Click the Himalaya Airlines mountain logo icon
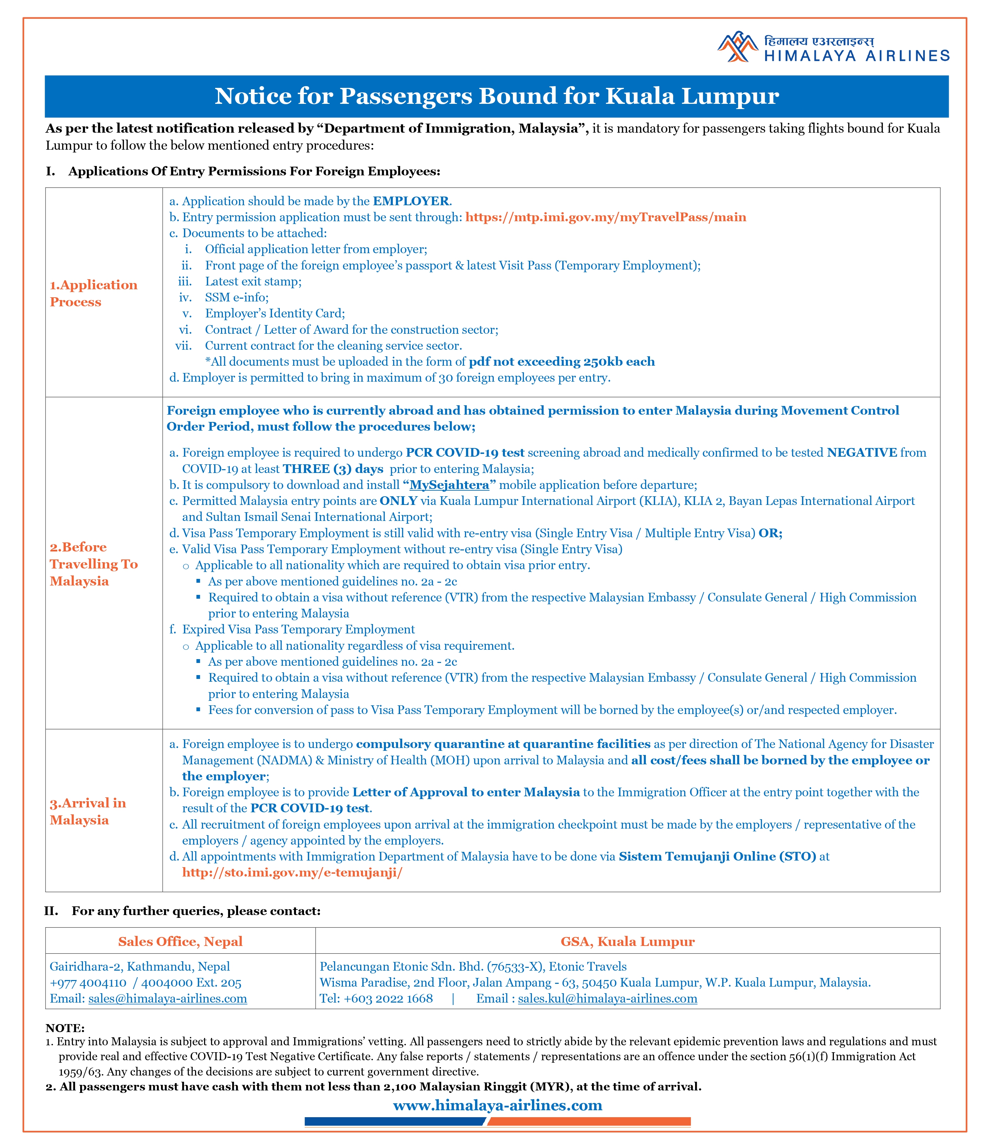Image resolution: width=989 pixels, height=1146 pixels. click(x=737, y=47)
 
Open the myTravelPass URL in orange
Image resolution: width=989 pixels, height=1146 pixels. click(x=605, y=217)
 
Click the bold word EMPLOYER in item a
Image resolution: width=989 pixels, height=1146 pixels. click(x=411, y=201)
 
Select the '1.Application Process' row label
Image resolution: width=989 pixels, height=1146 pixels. click(x=93, y=293)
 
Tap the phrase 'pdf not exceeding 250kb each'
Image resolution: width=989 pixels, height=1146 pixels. click(x=562, y=362)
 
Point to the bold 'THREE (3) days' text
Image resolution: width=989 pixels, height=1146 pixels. click(x=333, y=469)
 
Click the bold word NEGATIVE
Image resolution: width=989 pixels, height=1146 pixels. click(x=861, y=453)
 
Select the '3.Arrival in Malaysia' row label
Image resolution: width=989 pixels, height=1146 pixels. click(x=88, y=811)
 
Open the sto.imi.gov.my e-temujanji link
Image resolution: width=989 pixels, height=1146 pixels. click(x=292, y=872)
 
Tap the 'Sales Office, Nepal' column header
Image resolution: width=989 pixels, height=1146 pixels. click(x=180, y=941)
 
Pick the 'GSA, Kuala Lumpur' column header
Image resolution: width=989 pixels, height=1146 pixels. click(x=627, y=941)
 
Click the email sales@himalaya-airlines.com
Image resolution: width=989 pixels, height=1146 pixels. click(x=168, y=998)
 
